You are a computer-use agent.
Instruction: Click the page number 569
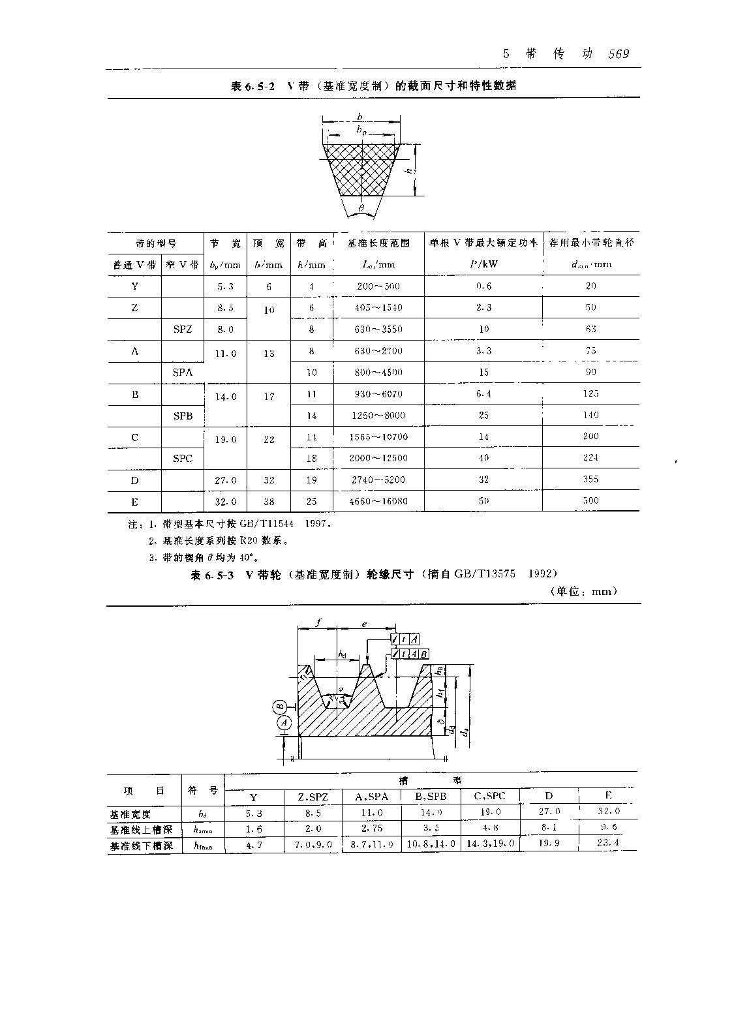click(x=618, y=54)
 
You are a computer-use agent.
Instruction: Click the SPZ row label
click(x=183, y=329)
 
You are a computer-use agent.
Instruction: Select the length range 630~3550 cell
click(x=378, y=329)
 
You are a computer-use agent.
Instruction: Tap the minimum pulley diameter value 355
click(x=590, y=480)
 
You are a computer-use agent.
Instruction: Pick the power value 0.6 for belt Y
click(x=483, y=286)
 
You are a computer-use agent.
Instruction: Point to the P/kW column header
click(x=483, y=265)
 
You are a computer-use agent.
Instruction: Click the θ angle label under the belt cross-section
click(x=361, y=209)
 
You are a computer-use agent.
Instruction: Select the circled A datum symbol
click(x=284, y=722)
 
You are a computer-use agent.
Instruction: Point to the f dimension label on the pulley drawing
click(x=318, y=622)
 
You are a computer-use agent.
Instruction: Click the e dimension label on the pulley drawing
click(x=364, y=624)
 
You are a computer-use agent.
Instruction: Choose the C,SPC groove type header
click(x=489, y=796)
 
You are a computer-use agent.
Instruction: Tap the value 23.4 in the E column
click(x=608, y=843)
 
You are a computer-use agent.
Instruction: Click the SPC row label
click(x=183, y=459)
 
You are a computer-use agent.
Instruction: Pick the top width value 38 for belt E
click(x=269, y=502)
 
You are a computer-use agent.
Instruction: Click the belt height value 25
click(x=311, y=502)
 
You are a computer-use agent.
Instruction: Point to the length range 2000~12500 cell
click(x=378, y=458)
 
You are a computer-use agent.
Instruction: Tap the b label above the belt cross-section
click(x=359, y=117)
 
